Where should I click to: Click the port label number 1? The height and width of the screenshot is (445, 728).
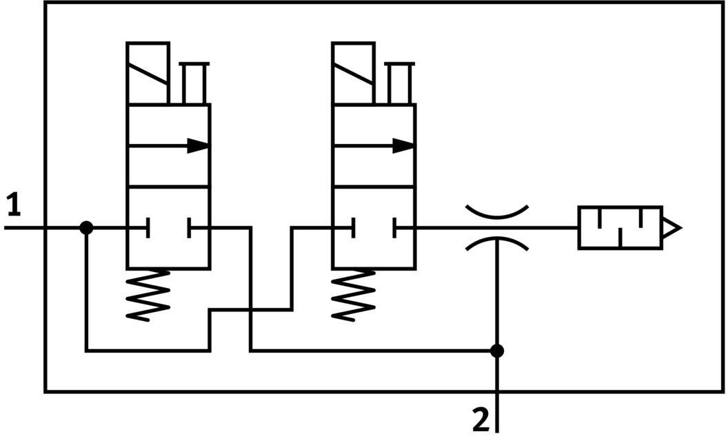[x=13, y=205]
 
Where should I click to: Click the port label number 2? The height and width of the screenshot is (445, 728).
[x=481, y=419]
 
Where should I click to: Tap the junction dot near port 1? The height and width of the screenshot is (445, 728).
[x=86, y=227]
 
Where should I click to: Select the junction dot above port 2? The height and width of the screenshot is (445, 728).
[x=496, y=351]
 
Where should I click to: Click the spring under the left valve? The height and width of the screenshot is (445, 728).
[x=148, y=294]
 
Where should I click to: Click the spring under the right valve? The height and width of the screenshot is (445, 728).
[x=354, y=294]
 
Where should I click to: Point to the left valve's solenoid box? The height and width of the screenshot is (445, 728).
[x=148, y=73]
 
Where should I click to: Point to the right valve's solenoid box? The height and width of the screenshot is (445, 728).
[x=353, y=73]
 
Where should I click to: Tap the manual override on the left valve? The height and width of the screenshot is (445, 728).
[x=194, y=83]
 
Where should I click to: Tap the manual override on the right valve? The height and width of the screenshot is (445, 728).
[x=399, y=83]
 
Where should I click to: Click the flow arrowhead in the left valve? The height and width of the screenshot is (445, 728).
[x=199, y=145]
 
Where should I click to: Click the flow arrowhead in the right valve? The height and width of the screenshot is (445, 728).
[x=404, y=145]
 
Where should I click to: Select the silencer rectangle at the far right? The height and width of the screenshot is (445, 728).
[x=620, y=227]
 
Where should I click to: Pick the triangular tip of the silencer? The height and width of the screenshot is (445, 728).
[x=671, y=227]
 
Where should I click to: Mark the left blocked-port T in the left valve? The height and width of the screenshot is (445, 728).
[x=147, y=227]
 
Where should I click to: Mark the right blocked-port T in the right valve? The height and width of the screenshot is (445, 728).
[x=395, y=227]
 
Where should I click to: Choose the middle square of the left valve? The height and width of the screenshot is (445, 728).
[x=168, y=165]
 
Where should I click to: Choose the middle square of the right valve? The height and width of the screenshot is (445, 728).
[x=374, y=165]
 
